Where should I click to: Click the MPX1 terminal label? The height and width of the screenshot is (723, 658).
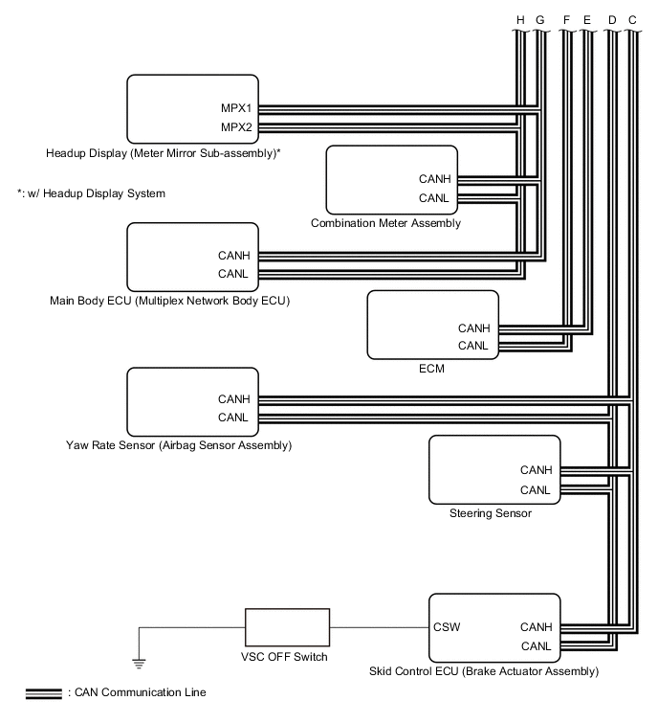point(235,108)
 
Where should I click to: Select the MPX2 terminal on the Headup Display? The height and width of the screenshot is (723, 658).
point(235,126)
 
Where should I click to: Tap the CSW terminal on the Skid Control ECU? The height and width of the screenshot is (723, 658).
point(446,627)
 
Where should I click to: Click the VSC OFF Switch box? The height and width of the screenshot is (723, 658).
point(288,628)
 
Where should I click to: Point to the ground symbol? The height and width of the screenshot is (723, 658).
point(139,661)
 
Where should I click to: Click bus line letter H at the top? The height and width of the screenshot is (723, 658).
point(519,19)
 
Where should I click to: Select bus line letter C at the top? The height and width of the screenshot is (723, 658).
point(632,19)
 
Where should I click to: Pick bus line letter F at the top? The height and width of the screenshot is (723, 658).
point(566,19)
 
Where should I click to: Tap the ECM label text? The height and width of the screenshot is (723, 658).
point(432,368)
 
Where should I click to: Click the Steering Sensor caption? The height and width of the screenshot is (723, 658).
point(490,513)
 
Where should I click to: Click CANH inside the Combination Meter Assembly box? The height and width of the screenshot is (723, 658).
point(434,178)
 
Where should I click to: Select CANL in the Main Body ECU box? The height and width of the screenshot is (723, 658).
point(233,274)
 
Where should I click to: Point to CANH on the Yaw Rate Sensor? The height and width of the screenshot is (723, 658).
point(233,398)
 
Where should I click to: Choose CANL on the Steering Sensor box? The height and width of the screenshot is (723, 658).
point(536,489)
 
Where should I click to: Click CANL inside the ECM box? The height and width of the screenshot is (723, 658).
point(473,346)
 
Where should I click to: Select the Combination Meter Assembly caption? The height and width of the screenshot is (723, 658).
point(385,223)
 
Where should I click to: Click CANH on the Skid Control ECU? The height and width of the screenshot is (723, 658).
point(536,627)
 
